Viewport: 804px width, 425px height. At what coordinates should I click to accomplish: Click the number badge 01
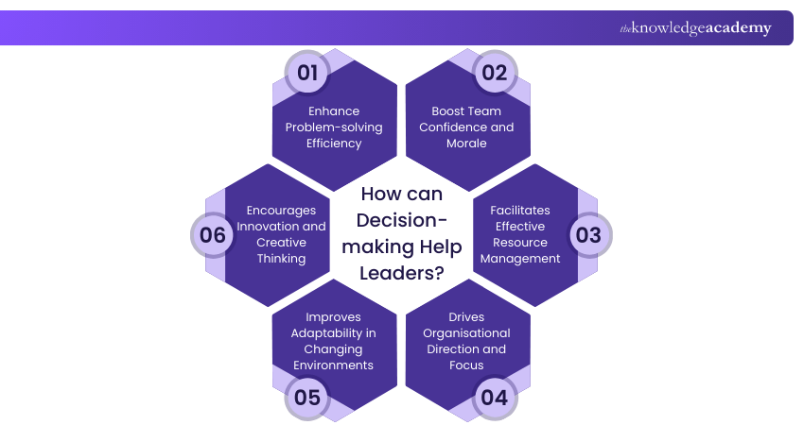click(x=308, y=73)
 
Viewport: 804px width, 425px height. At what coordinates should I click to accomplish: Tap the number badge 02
click(x=495, y=73)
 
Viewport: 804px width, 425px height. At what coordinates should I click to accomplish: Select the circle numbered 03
click(x=588, y=235)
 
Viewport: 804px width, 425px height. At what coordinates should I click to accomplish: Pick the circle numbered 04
click(x=495, y=397)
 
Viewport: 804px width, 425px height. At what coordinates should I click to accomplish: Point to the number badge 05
click(x=308, y=397)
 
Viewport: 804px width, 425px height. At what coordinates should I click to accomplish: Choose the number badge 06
click(x=213, y=235)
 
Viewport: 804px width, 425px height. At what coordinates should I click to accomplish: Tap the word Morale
click(x=466, y=144)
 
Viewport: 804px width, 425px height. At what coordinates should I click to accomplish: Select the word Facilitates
click(x=518, y=210)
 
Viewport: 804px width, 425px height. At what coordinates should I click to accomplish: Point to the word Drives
click(x=466, y=317)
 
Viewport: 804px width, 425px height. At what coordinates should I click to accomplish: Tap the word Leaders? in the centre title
click(x=401, y=273)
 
